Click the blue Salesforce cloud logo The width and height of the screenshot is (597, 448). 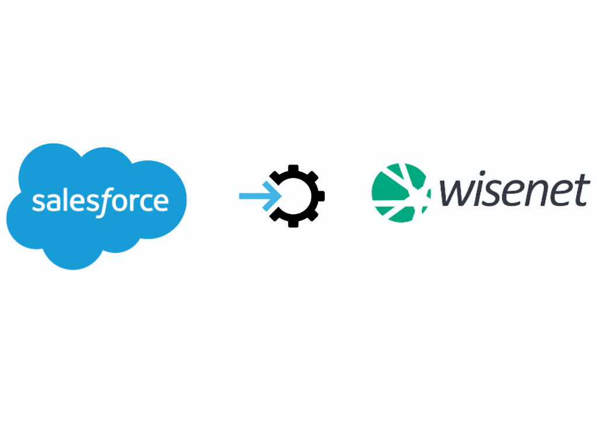click(96, 206)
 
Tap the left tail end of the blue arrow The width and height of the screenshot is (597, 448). click(240, 196)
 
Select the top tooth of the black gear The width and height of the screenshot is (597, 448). click(293, 169)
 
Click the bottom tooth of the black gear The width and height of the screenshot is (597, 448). click(293, 223)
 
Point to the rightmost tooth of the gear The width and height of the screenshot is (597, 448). click(321, 196)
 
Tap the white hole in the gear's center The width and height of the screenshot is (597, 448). click(294, 196)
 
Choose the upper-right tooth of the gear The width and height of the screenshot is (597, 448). click(312, 177)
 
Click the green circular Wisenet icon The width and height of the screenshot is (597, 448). click(401, 192)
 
